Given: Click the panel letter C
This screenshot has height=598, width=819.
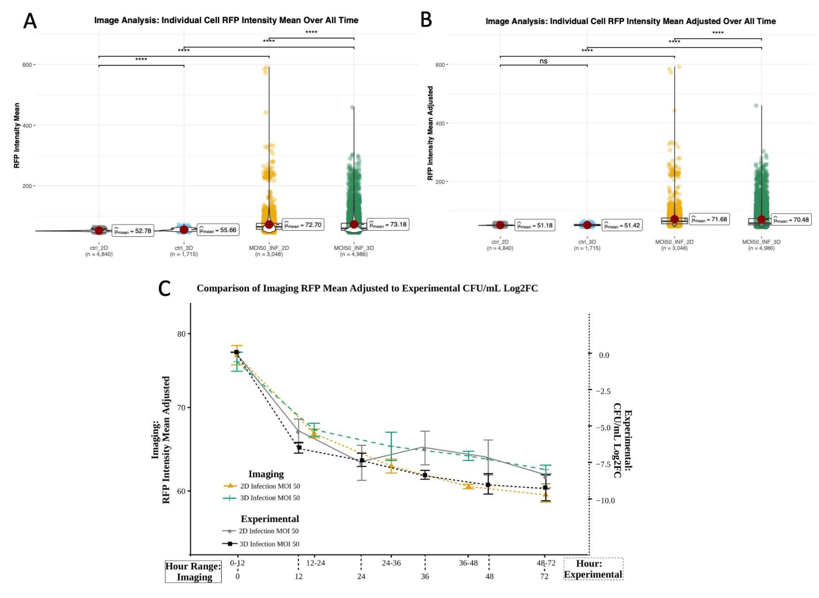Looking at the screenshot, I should pos(165,289).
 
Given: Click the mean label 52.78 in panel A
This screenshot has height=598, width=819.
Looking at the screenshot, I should pos(133,230).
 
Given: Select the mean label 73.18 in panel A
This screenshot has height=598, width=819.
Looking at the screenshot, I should pos(388,224).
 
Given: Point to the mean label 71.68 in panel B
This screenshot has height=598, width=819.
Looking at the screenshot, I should pos(709,219).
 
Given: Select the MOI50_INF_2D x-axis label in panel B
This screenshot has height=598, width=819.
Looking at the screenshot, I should pos(674,242).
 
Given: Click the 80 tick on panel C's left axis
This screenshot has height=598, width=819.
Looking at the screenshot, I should pos(181,334).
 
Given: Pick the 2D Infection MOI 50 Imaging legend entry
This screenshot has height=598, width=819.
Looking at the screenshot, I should pos(270,486).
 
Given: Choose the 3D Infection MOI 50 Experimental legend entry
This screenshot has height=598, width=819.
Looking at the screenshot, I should pos(269,544).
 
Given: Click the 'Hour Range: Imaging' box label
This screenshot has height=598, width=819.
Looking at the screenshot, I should pos(193,572).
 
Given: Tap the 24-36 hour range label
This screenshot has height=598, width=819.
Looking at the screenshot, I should pos(391,563).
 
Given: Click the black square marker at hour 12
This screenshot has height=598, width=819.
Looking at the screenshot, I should pos(299,447).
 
